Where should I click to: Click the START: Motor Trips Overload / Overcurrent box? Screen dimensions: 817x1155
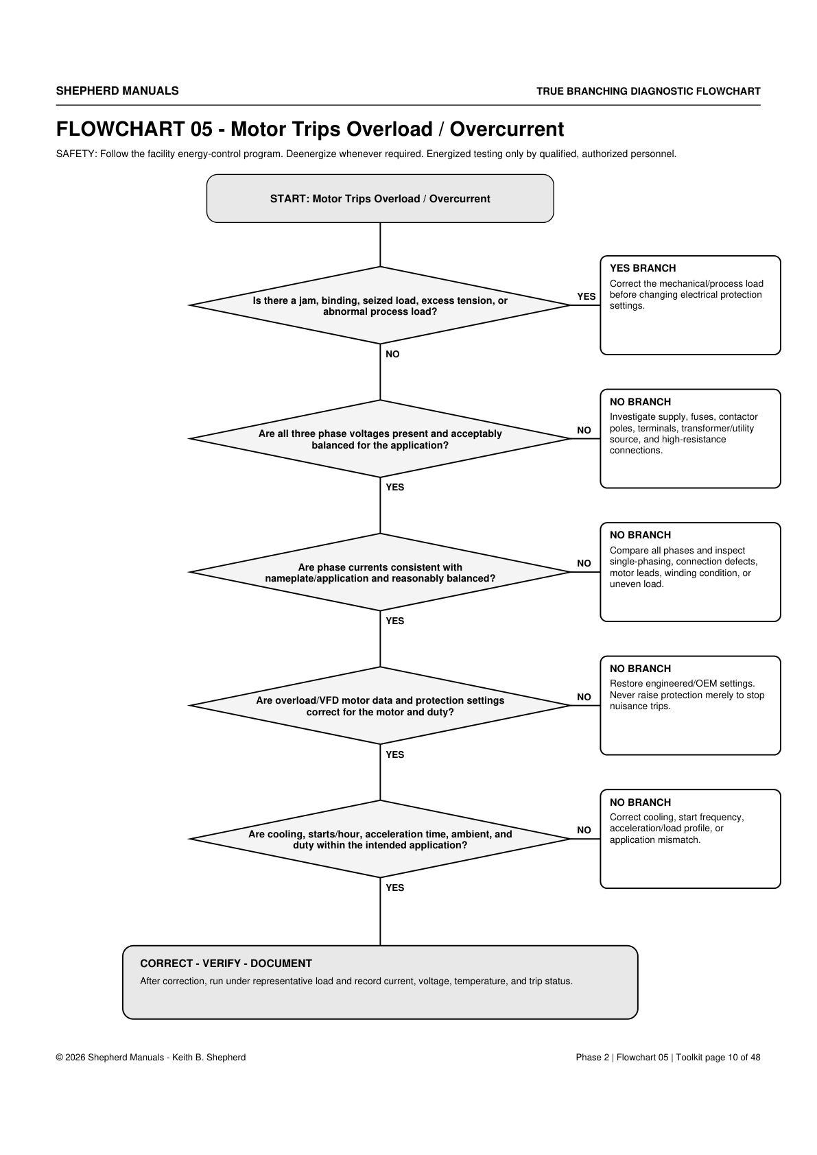[x=380, y=198]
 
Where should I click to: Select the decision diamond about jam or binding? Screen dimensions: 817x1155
[x=380, y=305]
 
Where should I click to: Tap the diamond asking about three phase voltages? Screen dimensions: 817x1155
[x=380, y=439]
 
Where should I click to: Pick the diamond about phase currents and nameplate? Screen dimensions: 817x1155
[x=380, y=572]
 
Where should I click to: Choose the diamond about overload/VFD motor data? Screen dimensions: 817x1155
[x=380, y=706]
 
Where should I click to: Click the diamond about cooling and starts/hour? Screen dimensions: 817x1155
[x=380, y=839]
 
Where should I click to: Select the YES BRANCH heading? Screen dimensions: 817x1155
[x=643, y=268]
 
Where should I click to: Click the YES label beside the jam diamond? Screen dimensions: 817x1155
[x=587, y=296]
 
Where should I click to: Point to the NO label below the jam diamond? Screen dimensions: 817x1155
[x=392, y=354]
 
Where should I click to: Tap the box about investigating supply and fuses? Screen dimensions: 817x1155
[x=690, y=439]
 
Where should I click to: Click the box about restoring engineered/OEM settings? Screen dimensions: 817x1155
[x=690, y=705]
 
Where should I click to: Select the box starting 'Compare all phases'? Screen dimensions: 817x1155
[x=690, y=572]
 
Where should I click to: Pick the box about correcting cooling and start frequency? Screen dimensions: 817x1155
[x=690, y=839]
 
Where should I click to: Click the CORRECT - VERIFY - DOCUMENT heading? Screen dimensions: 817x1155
[x=226, y=964]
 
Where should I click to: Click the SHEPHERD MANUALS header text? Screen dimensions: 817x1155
[x=117, y=91]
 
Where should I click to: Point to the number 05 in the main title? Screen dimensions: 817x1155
[x=201, y=129]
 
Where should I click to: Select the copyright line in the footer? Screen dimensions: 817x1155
[x=151, y=1058]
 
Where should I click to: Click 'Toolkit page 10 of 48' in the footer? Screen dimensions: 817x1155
[x=718, y=1058]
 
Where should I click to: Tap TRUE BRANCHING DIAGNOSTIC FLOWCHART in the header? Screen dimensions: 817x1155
[x=648, y=91]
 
